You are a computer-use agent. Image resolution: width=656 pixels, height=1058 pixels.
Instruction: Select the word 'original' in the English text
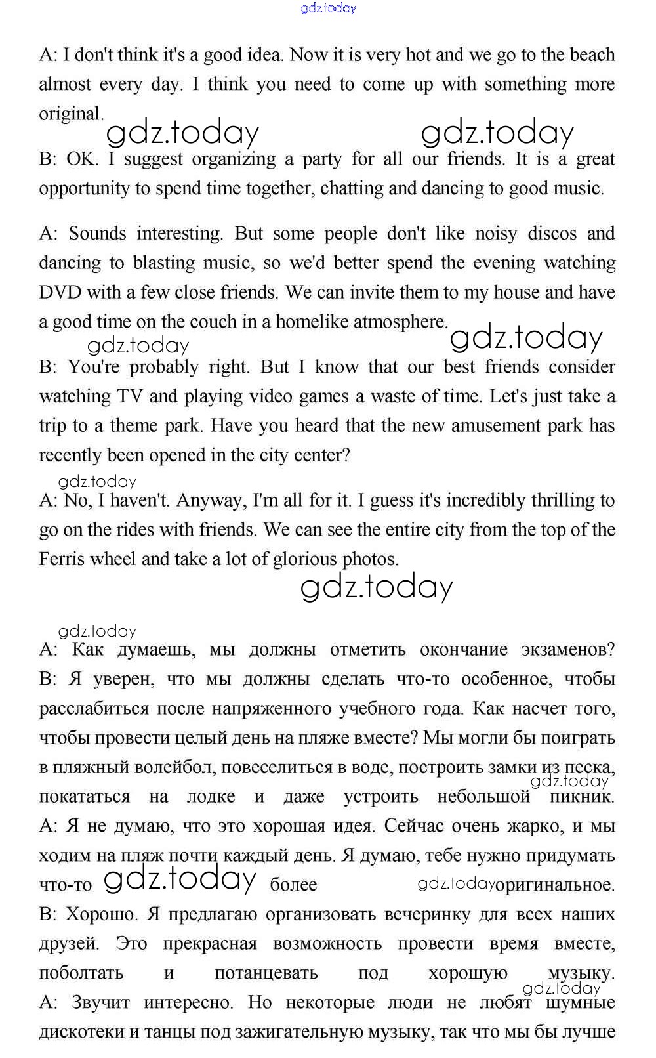click(70, 114)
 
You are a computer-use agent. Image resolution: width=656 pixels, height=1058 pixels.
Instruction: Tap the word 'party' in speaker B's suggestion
click(322, 159)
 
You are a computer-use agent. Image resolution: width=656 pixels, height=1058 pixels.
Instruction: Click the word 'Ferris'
click(62, 559)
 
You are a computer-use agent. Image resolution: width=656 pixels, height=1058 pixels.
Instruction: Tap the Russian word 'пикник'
click(581, 797)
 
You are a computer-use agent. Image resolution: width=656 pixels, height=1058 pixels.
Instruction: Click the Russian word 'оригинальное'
click(555, 885)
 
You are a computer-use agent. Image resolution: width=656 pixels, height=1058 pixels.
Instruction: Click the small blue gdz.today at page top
click(328, 8)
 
